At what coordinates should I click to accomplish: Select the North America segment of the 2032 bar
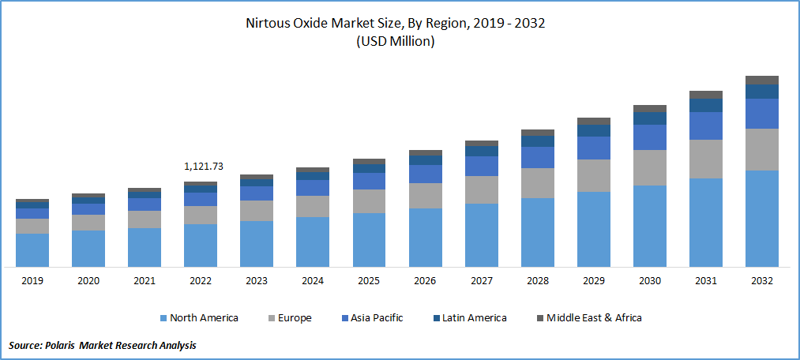pos(762,218)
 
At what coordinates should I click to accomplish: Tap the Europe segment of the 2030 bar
pos(650,167)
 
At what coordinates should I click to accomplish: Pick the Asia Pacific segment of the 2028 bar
pos(538,157)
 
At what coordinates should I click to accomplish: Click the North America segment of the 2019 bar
pos(32,249)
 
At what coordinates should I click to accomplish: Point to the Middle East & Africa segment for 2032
pos(762,81)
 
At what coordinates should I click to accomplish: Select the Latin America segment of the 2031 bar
pos(706,105)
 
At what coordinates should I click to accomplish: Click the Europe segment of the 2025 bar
pos(369,201)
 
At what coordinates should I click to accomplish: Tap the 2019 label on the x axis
pos(32,280)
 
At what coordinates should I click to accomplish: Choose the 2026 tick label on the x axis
pos(425,280)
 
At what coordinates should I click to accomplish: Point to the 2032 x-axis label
pos(762,280)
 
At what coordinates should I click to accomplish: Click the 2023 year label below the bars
pos(257,280)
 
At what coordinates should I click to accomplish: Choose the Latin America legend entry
pos(471,317)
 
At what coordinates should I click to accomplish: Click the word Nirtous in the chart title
pos(269,23)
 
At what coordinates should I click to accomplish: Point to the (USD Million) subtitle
pos(396,41)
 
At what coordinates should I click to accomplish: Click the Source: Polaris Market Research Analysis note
pos(103,345)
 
